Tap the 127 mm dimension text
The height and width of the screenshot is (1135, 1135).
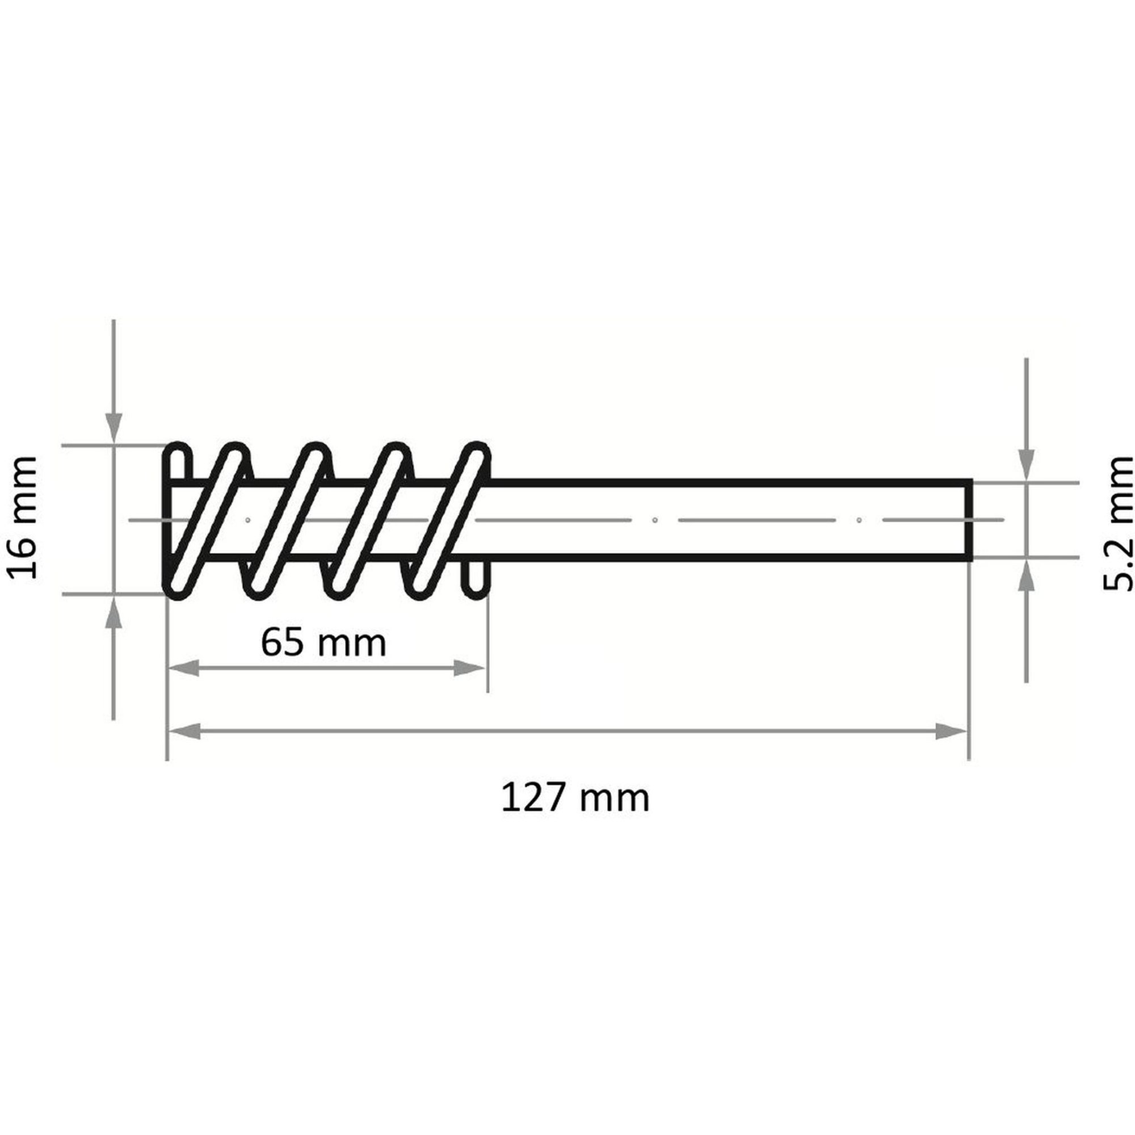click(575, 798)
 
